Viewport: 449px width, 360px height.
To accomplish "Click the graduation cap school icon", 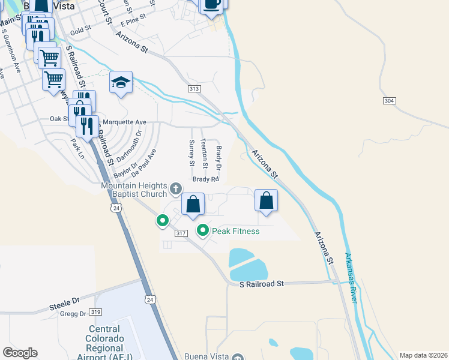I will point(121,82).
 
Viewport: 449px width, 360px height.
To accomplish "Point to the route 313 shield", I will point(193,89).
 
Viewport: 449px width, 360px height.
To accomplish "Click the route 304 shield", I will point(389,101).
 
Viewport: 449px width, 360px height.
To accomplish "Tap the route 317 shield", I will point(182,233).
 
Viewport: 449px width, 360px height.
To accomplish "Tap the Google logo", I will point(20,352).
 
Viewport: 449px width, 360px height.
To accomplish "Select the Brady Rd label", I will point(205,179).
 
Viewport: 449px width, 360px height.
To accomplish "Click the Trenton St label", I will point(204,152).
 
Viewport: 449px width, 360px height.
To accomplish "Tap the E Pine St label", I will point(133,22).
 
